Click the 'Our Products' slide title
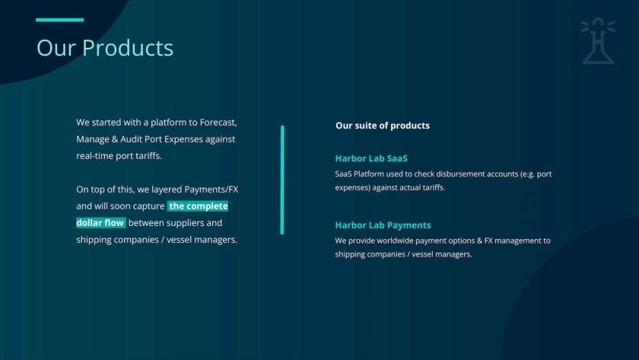[x=105, y=48]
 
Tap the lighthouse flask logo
[x=598, y=41]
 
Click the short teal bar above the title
[x=60, y=20]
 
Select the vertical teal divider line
[x=282, y=180]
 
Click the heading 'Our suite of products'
[x=382, y=126]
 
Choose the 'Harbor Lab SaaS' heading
[x=371, y=158]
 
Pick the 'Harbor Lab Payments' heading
[x=383, y=225]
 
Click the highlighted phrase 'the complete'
[x=198, y=206]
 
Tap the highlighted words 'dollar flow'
[x=100, y=222]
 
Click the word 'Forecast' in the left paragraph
[x=218, y=123]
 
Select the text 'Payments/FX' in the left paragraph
[x=211, y=190]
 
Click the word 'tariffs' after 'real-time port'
[x=149, y=156]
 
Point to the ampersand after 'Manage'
[x=115, y=139]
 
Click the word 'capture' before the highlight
[x=149, y=206]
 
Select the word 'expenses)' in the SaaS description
[x=352, y=188]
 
